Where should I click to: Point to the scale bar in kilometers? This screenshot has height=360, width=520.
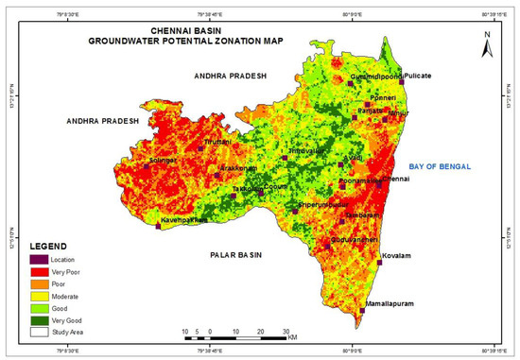pyautogui.click(x=235, y=333)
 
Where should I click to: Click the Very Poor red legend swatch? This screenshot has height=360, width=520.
pyautogui.click(x=40, y=270)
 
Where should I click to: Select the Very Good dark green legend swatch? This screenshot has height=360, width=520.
pyautogui.click(x=40, y=320)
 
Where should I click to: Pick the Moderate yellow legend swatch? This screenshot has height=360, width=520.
pyautogui.click(x=40, y=296)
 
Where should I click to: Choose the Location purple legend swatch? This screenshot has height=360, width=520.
pyautogui.click(x=40, y=258)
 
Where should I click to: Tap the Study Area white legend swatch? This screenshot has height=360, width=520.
pyautogui.click(x=40, y=333)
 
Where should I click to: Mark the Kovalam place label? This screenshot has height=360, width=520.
pyautogui.click(x=397, y=256)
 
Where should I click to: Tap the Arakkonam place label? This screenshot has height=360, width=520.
pyautogui.click(x=237, y=168)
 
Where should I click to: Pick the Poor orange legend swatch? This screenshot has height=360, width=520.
pyautogui.click(x=40, y=283)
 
